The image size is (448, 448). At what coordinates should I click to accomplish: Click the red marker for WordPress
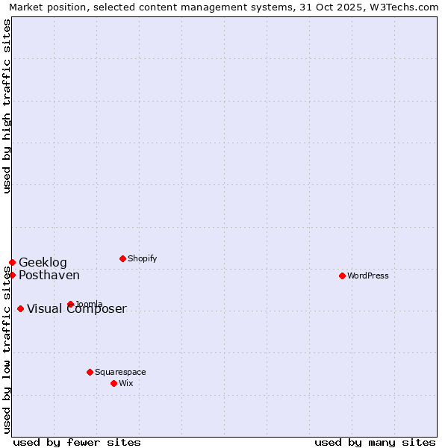pyautogui.click(x=342, y=276)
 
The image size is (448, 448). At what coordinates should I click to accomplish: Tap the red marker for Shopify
pyautogui.click(x=122, y=258)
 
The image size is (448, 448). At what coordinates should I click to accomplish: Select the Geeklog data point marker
pyautogui.click(x=12, y=262)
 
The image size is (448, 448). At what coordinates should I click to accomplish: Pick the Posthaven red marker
pyautogui.click(x=12, y=275)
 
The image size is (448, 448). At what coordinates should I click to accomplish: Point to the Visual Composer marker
pyautogui.click(x=20, y=308)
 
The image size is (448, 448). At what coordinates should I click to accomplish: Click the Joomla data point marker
pyautogui.click(x=70, y=304)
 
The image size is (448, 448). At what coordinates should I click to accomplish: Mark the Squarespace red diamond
pyautogui.click(x=90, y=372)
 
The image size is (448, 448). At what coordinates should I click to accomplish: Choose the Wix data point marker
pyautogui.click(x=113, y=383)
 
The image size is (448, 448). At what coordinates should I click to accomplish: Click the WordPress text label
pyautogui.click(x=368, y=276)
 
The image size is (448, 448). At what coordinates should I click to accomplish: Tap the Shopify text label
pyautogui.click(x=143, y=258)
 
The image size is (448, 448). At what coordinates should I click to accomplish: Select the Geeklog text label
pyautogui.click(x=43, y=262)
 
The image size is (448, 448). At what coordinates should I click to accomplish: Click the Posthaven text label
pyautogui.click(x=49, y=275)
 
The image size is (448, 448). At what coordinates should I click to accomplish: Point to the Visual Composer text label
pyautogui.click(x=77, y=309)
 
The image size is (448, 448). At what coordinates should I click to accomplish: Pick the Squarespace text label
pyautogui.click(x=120, y=372)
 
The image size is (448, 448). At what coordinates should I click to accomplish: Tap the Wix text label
pyautogui.click(x=126, y=383)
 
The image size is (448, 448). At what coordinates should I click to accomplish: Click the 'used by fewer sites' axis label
pyautogui.click(x=77, y=442)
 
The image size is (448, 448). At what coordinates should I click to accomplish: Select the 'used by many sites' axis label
pyautogui.click(x=375, y=442)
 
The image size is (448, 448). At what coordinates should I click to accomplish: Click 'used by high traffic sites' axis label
pyautogui.click(x=7, y=106)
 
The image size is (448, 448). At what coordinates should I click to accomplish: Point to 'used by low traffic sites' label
pyautogui.click(x=7, y=349)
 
